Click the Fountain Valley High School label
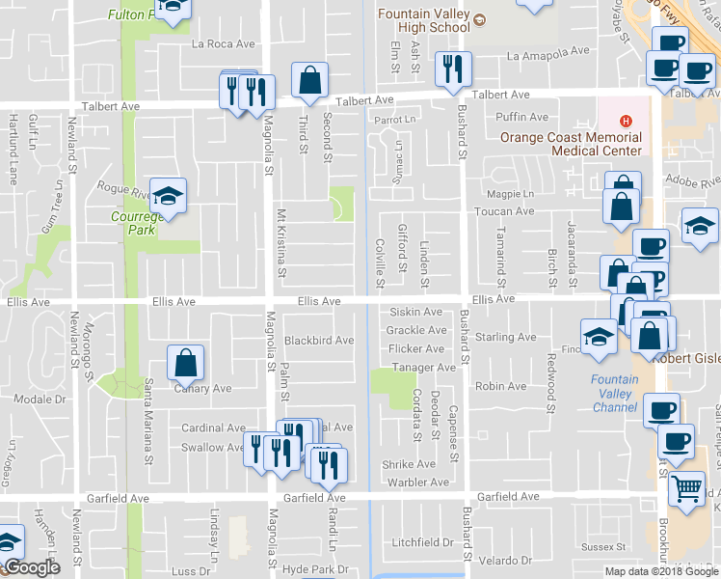tap(424, 20)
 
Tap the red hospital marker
tap(626, 121)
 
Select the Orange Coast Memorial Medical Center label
tap(571, 144)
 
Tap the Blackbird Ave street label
tap(318, 341)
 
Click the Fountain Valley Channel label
tap(615, 393)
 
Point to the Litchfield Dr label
tap(422, 542)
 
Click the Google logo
tap(32, 567)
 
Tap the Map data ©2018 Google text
tap(660, 571)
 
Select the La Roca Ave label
tap(224, 43)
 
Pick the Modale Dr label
tap(39, 399)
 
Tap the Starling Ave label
tap(505, 338)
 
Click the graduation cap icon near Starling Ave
tap(599, 336)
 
